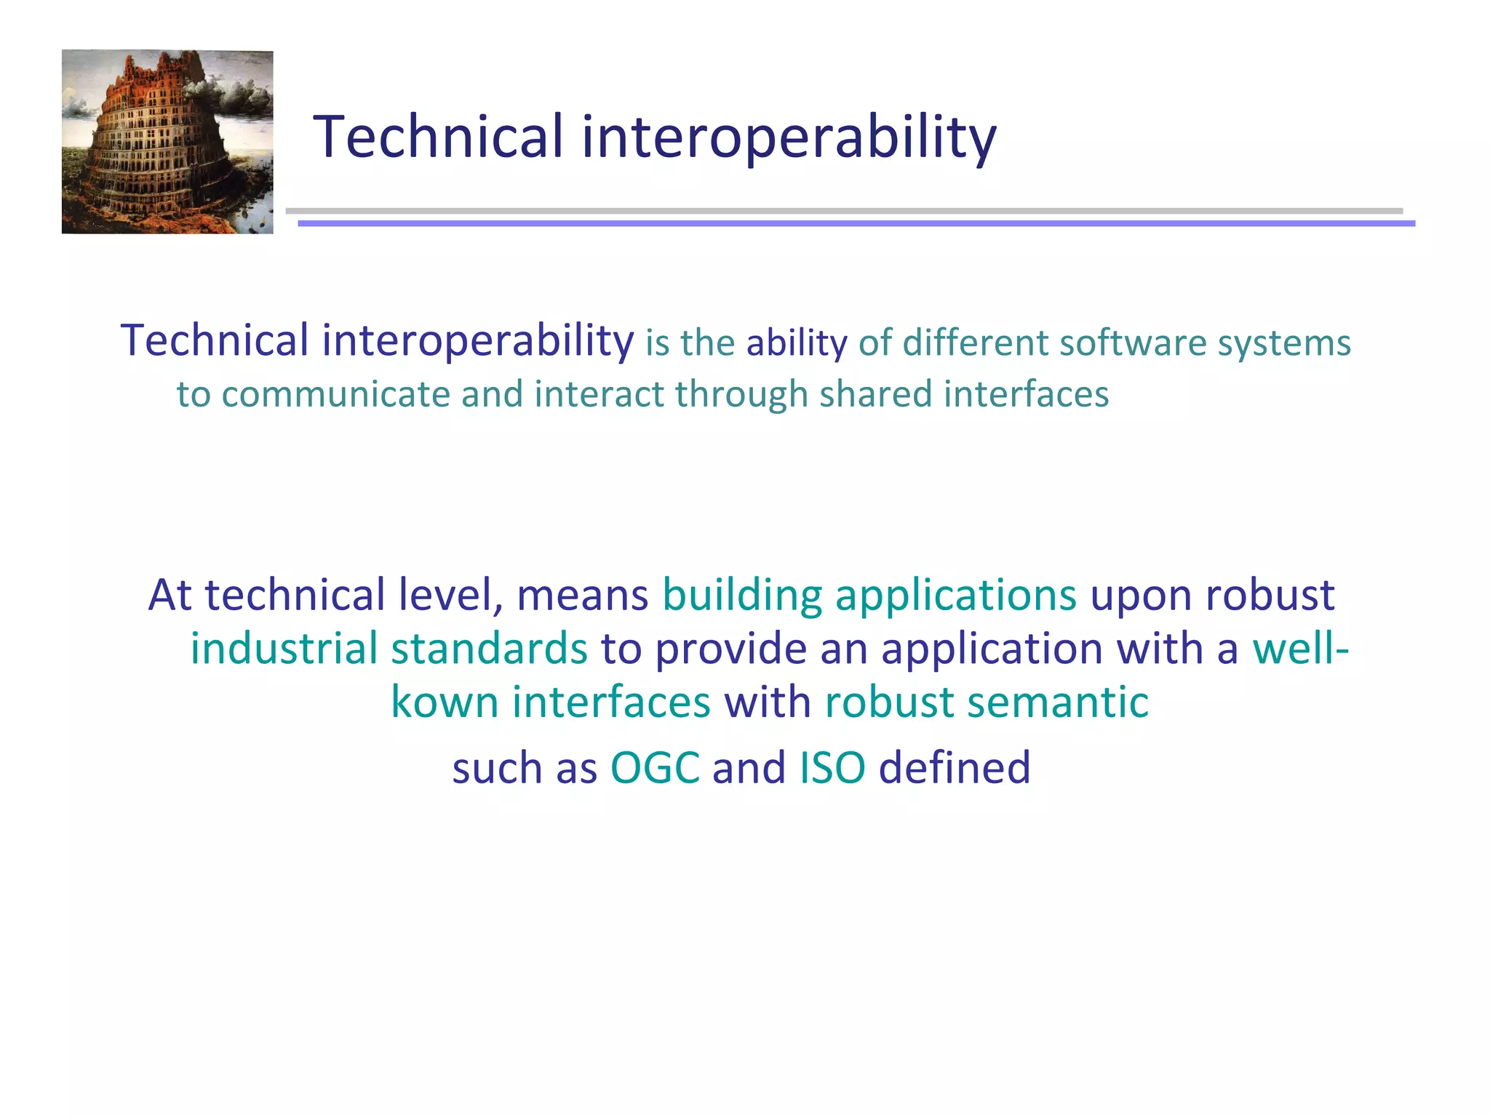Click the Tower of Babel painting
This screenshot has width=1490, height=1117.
(167, 142)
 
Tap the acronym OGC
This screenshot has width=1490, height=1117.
(655, 767)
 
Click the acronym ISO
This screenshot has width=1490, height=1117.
(832, 767)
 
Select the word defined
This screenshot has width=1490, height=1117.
(955, 767)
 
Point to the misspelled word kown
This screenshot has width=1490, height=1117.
(445, 702)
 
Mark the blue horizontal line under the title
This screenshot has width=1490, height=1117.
(856, 224)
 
